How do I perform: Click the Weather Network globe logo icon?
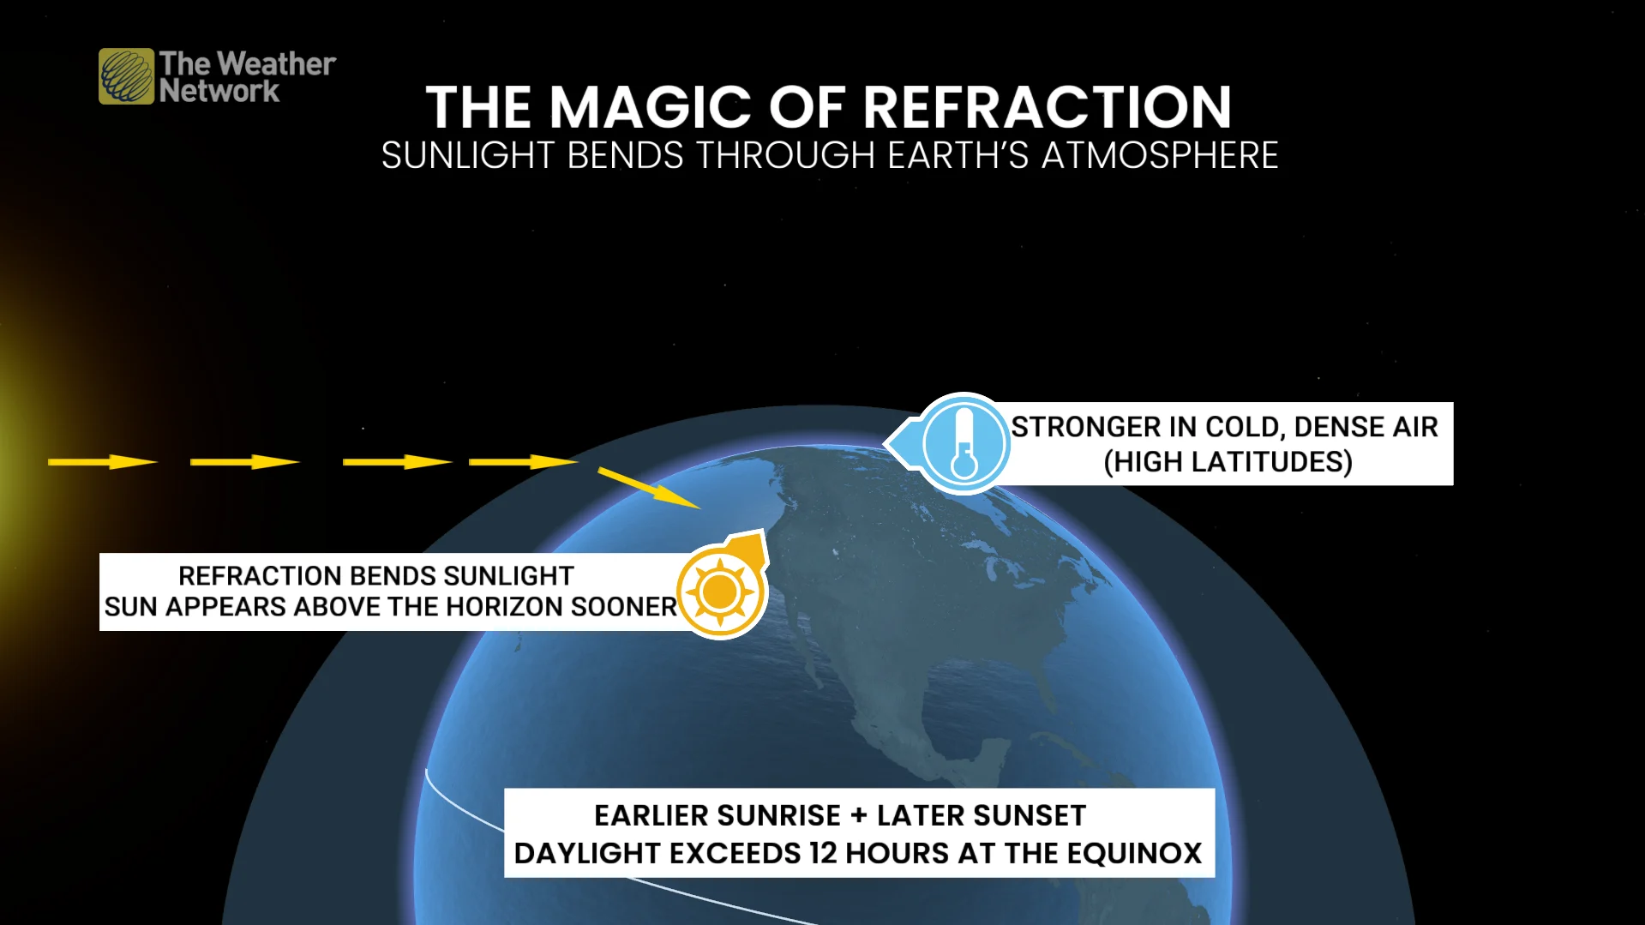[127, 76]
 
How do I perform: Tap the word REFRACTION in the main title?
[1047, 107]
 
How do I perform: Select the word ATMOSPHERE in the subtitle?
[1160, 156]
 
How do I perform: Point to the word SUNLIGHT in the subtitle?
[468, 156]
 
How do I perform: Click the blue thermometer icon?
[964, 444]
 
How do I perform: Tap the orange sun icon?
[720, 592]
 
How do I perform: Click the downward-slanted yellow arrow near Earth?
[649, 488]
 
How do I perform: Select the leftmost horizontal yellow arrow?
[102, 462]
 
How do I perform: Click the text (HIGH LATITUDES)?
[1228, 462]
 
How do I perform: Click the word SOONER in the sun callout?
[623, 607]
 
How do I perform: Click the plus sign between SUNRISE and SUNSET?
[859, 815]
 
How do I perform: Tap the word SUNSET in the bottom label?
[982, 815]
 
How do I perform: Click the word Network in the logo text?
[219, 91]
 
